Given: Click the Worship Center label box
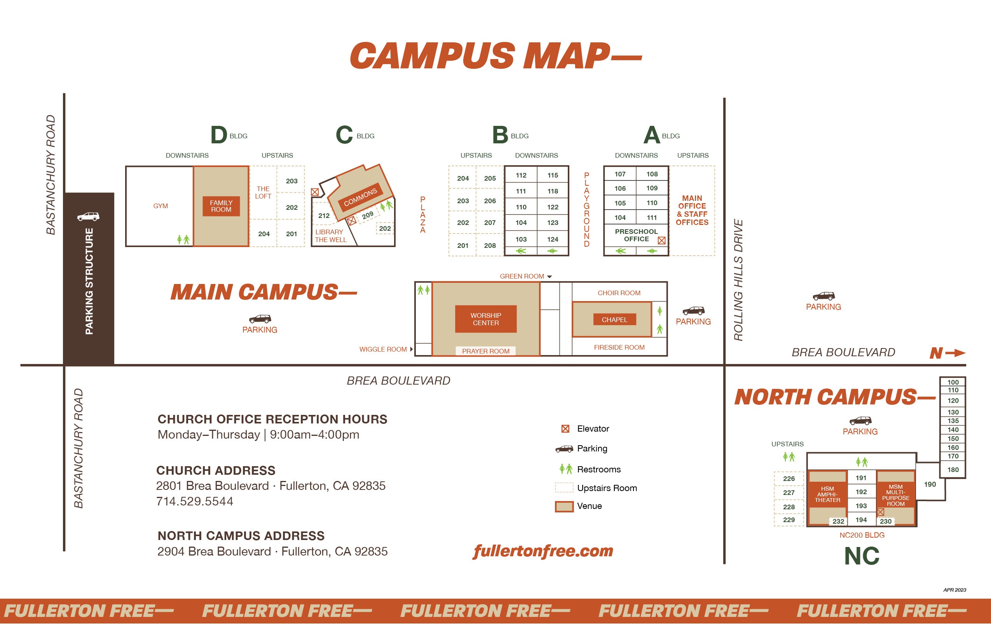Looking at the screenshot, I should pyautogui.click(x=485, y=319).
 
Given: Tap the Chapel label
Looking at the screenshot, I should pyautogui.click(x=614, y=319).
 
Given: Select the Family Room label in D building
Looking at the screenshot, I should pyautogui.click(x=221, y=206).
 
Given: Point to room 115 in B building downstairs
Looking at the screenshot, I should pyautogui.click(x=553, y=175).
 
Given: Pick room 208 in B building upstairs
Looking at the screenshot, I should pyautogui.click(x=490, y=246).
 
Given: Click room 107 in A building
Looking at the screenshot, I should pyautogui.click(x=619, y=174).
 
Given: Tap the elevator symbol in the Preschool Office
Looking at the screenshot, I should pyautogui.click(x=661, y=240).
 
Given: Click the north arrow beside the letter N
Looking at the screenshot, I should pyautogui.click(x=955, y=353).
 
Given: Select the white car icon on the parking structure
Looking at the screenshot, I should pyautogui.click(x=88, y=216).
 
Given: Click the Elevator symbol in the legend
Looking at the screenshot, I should pyautogui.click(x=565, y=429).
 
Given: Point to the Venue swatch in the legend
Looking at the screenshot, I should pyautogui.click(x=564, y=506).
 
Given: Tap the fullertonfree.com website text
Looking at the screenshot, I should pyautogui.click(x=543, y=551).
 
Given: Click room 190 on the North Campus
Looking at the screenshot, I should pyautogui.click(x=930, y=484).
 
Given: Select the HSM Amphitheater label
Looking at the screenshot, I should pyautogui.click(x=827, y=494).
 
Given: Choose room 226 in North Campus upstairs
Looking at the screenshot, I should pyautogui.click(x=789, y=479).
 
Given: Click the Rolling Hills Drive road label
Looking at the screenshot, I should pyautogui.click(x=738, y=280).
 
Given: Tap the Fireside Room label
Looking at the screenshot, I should pyautogui.click(x=619, y=347).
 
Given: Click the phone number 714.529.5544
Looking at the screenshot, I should pyautogui.click(x=194, y=501).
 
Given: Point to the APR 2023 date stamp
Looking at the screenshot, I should pyautogui.click(x=954, y=590).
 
